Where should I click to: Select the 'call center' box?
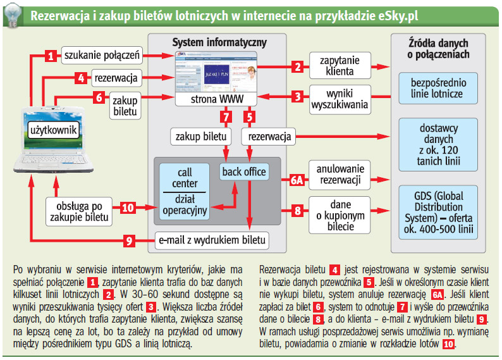(185, 178)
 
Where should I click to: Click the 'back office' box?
(244, 172)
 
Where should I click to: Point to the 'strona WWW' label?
(216, 99)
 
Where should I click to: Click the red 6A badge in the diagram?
(297, 179)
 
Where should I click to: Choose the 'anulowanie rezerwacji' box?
(340, 173)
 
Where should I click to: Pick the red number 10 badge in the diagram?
(128, 208)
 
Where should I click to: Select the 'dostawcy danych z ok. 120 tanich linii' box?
(436, 145)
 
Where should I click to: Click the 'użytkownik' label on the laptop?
(53, 131)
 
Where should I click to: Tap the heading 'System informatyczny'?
(219, 42)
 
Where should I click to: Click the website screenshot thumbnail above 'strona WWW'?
(217, 73)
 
